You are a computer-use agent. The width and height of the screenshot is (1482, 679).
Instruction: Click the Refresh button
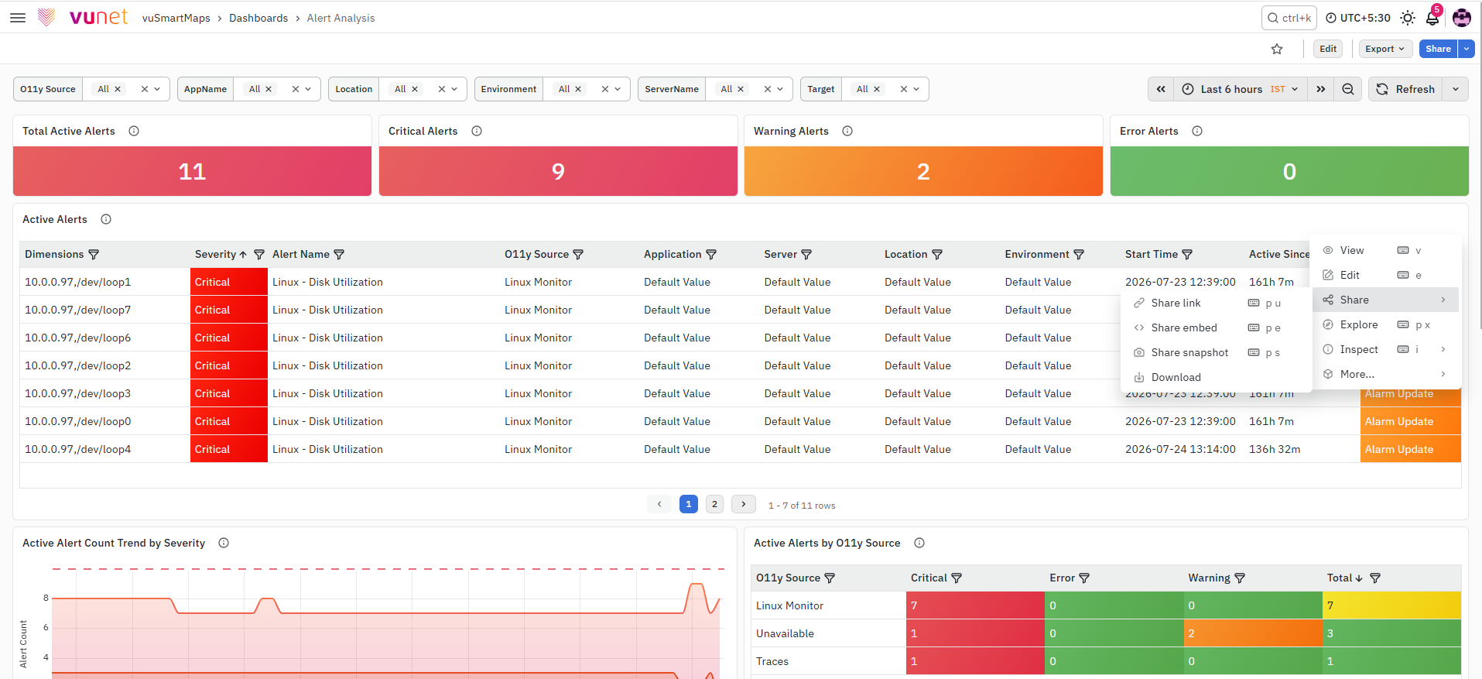tap(1405, 89)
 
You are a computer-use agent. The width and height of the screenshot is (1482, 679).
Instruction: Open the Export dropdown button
tap(1385, 49)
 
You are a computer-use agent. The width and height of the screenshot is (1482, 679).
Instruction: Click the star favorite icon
tap(1277, 49)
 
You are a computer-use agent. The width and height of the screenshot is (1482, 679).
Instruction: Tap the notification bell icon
tap(1432, 18)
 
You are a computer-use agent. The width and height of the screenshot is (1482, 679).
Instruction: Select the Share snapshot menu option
tap(1189, 352)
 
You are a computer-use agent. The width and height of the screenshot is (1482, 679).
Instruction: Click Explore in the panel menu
tap(1359, 324)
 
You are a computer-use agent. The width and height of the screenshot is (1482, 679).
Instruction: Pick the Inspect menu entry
tap(1359, 349)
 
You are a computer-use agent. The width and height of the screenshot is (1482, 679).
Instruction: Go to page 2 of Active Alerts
tap(714, 504)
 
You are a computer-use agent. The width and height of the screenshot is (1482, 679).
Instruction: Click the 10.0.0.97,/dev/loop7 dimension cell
tap(77, 310)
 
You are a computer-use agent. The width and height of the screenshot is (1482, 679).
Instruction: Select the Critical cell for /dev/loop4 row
tap(228, 449)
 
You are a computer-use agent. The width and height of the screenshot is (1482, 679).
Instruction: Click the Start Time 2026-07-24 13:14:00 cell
tap(1180, 449)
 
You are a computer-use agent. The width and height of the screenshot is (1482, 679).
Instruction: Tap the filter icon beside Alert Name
tap(339, 254)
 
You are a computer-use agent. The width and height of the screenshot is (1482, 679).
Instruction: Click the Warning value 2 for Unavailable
tap(1191, 633)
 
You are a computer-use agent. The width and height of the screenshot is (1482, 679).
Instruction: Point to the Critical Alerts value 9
tap(558, 171)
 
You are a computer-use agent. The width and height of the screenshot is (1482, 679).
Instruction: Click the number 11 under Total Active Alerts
tap(192, 171)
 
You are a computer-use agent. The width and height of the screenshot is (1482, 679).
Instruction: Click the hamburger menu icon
tap(18, 18)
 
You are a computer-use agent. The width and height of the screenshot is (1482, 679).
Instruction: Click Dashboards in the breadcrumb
tap(258, 18)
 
